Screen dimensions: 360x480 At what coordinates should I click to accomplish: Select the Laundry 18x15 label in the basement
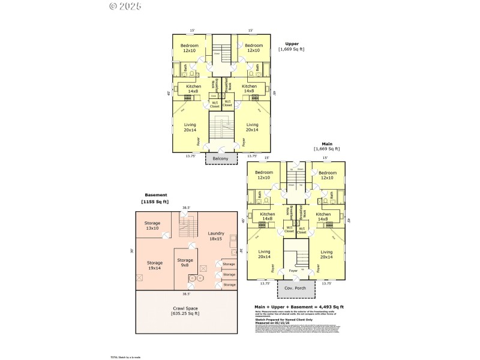pyautogui.click(x=216, y=236)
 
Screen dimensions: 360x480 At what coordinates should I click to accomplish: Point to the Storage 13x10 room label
pyautogui.click(x=152, y=226)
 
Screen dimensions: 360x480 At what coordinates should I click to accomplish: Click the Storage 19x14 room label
pyautogui.click(x=155, y=265)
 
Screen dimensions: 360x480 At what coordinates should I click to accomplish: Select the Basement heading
pyautogui.click(x=155, y=195)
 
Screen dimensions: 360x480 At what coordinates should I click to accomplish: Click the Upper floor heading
pyautogui.click(x=292, y=44)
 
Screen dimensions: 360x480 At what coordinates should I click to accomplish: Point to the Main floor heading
pyautogui.click(x=327, y=143)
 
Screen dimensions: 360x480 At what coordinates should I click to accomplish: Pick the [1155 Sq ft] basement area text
pyautogui.click(x=155, y=202)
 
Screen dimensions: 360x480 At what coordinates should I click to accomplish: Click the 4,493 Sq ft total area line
pyautogui.click(x=299, y=307)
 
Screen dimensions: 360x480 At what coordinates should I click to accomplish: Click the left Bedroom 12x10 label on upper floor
pyautogui.click(x=189, y=48)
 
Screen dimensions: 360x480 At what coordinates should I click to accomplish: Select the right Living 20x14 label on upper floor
pyautogui.click(x=252, y=127)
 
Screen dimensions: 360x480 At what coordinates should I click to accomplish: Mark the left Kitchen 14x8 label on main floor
pyautogui.click(x=267, y=217)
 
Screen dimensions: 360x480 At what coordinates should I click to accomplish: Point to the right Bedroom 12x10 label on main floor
pyautogui.click(x=327, y=175)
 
